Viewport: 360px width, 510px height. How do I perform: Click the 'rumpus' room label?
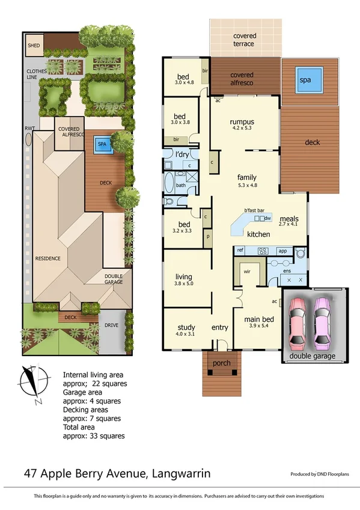[242, 121]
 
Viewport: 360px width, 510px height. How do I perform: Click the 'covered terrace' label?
[244, 40]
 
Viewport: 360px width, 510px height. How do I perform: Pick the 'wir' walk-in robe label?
[246, 272]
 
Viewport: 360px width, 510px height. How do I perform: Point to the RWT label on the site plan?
[28, 128]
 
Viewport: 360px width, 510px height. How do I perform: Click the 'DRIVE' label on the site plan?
[112, 325]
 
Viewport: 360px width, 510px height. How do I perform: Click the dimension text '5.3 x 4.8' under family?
[247, 186]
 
